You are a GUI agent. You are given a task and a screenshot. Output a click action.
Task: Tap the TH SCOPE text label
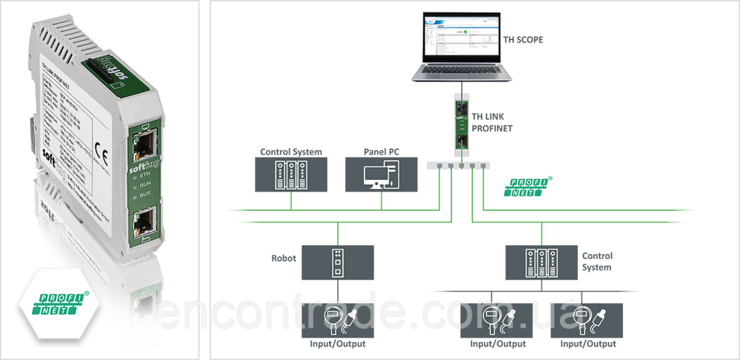point(523,40)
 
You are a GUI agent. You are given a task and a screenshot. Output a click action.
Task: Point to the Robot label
point(283,258)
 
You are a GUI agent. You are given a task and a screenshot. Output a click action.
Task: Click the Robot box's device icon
point(338,262)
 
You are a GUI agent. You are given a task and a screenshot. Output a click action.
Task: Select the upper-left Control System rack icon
point(290,175)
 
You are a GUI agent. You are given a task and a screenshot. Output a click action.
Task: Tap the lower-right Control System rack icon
point(541,262)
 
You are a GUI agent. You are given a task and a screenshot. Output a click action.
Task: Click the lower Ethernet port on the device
point(144,221)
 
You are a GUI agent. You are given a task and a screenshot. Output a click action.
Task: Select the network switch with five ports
point(458,166)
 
